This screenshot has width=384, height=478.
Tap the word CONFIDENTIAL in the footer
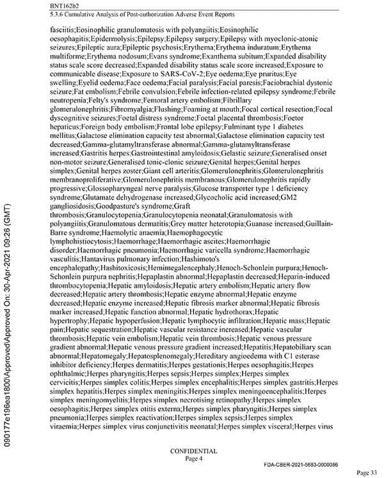pos(193,451)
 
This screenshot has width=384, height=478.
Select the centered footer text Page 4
pos(193,458)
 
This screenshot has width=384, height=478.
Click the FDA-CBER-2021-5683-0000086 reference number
pos(309,463)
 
